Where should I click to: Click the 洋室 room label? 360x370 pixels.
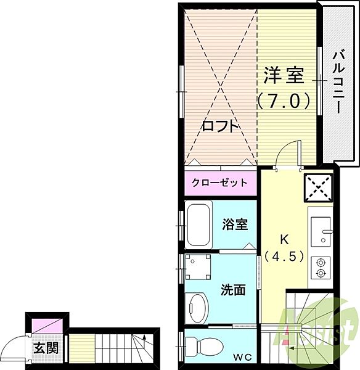click(x=284, y=76)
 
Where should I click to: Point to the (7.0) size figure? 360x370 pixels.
click(x=284, y=100)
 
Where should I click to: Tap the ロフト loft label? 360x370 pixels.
click(x=220, y=126)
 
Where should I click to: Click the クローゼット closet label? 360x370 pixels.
click(x=219, y=183)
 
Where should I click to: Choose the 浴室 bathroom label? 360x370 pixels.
click(x=235, y=224)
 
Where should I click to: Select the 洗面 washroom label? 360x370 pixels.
click(x=234, y=289)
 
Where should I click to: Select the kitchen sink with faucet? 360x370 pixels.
click(x=321, y=231)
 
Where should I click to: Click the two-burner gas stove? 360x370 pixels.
click(x=321, y=266)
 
